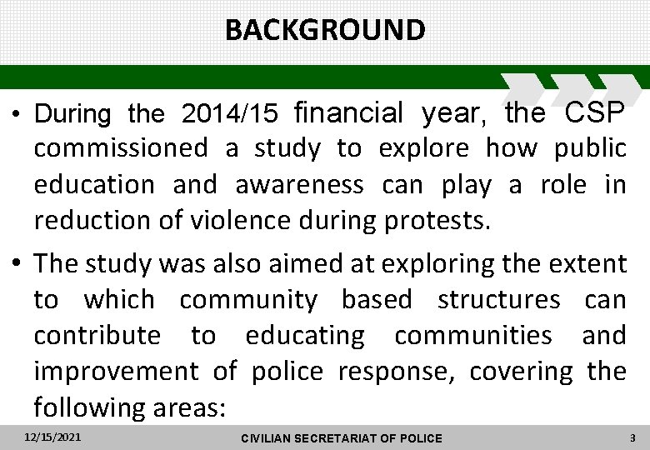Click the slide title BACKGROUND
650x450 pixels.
tap(325, 30)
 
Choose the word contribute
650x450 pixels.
tap(97, 336)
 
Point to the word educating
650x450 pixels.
tap(305, 336)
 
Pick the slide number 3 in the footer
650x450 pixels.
tap(633, 437)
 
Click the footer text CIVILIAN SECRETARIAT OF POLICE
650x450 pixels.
tap(341, 438)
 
